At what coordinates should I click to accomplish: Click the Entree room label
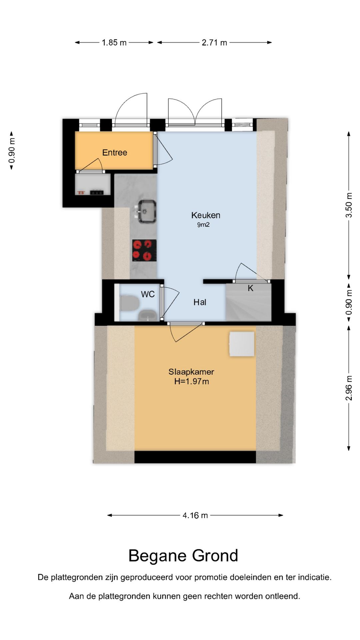pos(115,153)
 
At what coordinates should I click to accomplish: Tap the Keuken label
pos(206,215)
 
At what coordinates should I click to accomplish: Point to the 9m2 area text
pos(203,225)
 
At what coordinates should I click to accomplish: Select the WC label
pos(148,294)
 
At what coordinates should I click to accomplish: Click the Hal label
pos(200,302)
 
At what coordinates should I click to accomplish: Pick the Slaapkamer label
pos(191,372)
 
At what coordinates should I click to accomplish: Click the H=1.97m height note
pos(192,382)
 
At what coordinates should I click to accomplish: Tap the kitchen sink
pos(147,211)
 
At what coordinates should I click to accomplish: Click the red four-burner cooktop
pos(144,250)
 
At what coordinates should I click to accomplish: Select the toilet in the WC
pos(130,303)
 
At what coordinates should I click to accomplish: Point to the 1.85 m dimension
pos(114,43)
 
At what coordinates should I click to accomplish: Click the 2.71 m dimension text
pos(214,43)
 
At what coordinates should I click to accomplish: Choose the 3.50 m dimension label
pos(349,205)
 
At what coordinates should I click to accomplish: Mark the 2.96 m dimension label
pos(349,388)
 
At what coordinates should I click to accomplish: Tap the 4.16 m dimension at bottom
pos(195,516)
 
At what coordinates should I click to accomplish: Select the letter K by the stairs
pos(251,288)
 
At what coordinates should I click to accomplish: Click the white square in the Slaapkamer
pos(242,344)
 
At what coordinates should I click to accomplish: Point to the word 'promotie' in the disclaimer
pos(209,577)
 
